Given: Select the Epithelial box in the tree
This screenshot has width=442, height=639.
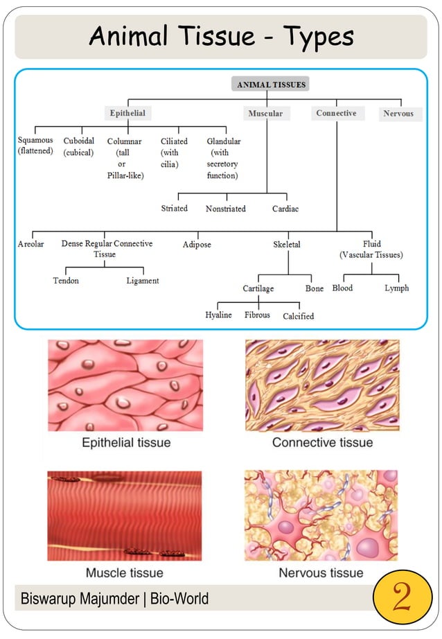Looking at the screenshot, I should tap(127, 113).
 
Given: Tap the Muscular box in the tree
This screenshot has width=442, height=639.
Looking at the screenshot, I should tap(265, 114).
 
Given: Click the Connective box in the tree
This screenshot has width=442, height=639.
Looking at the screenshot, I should tap(336, 113).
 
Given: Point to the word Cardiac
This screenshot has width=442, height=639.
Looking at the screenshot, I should tap(285, 209).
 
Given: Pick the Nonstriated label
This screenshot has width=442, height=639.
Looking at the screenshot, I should tap(226, 209).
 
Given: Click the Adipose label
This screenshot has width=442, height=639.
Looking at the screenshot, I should tap(197, 245).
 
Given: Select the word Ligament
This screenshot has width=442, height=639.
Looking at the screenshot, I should tap(143, 281).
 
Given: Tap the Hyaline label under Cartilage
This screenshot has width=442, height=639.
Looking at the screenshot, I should tap(219, 315).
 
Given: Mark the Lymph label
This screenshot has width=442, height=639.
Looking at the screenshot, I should tap(397, 288).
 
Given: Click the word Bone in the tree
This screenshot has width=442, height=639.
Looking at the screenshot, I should tap(315, 288).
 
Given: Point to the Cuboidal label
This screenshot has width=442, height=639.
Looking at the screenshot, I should tap(79, 146).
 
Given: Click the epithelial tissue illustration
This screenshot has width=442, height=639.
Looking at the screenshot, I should tap(125, 385).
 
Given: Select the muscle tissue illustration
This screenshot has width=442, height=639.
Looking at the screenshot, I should tap(125, 516).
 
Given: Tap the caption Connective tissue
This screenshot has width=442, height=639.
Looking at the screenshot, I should tap(322, 442).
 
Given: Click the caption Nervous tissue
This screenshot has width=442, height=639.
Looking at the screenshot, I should tap(321, 572).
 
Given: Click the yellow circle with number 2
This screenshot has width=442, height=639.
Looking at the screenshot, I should tap(402, 597).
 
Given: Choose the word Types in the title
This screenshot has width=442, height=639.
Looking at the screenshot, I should tap(317, 36).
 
